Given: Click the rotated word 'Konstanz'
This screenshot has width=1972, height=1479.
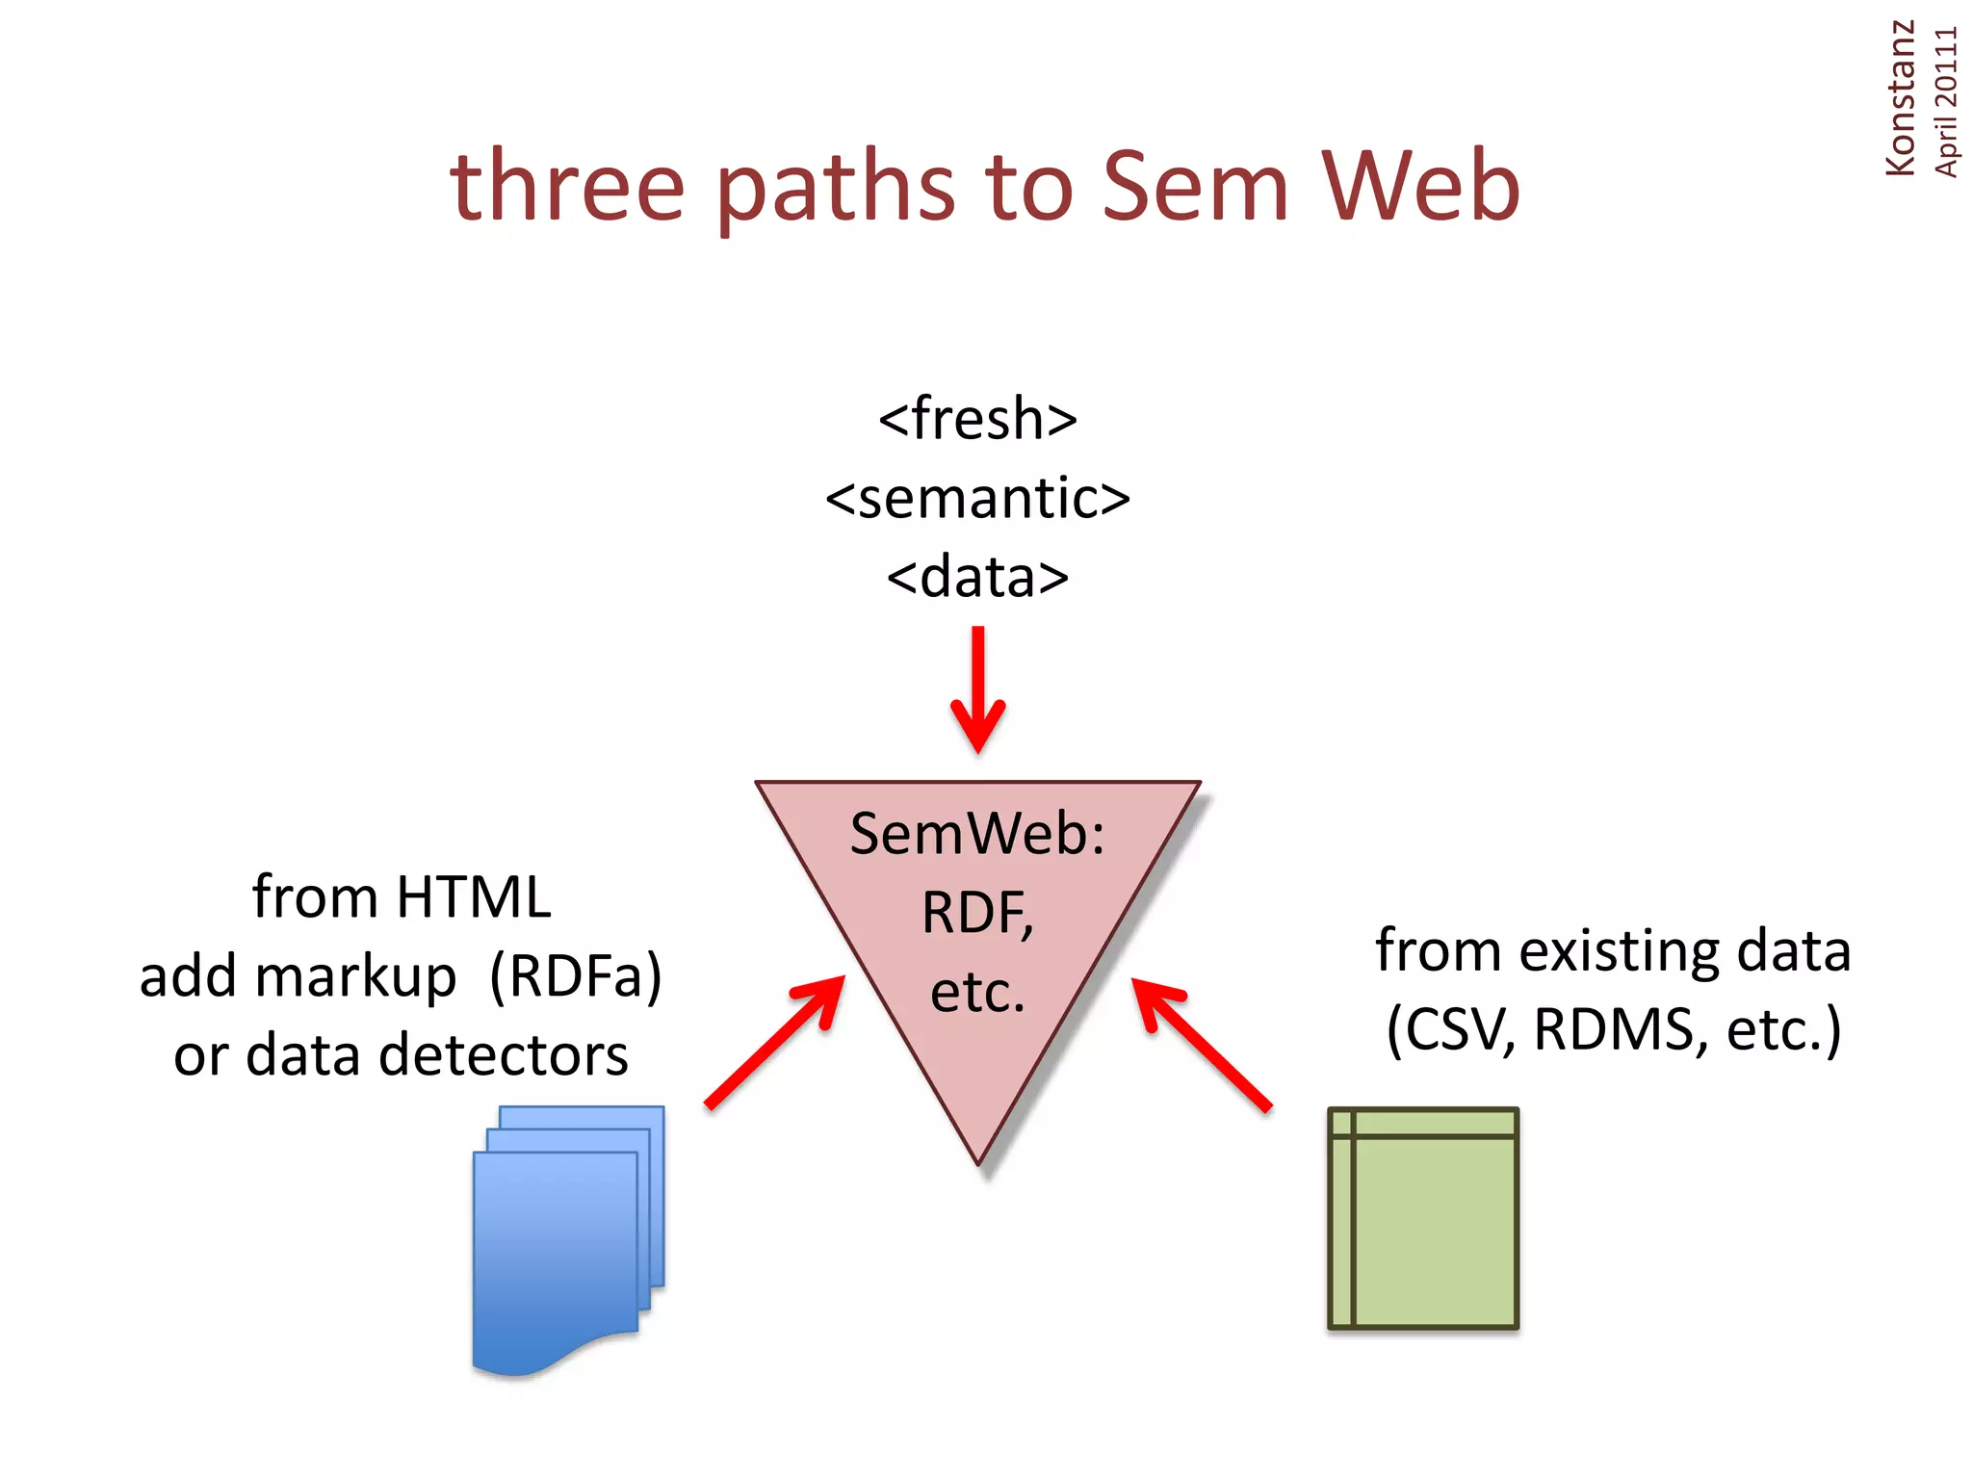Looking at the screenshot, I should [1900, 98].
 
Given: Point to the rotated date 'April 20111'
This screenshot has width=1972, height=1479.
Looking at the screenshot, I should [1945, 102].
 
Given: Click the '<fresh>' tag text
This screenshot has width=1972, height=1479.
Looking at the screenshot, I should [977, 419].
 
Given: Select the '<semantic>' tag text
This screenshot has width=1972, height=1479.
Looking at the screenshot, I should [977, 498].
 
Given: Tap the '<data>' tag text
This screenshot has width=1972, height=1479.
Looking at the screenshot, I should [977, 578].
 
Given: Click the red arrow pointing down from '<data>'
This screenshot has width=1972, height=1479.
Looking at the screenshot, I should [978, 688].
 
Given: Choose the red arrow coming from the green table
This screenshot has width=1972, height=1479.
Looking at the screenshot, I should [1201, 1044].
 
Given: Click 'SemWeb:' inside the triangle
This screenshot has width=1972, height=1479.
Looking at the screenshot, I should [977, 834].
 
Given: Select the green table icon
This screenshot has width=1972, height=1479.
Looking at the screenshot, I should [1422, 1219].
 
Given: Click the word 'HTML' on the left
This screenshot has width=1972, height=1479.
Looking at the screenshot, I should [473, 897].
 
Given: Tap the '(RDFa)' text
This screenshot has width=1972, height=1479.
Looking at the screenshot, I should [576, 976].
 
